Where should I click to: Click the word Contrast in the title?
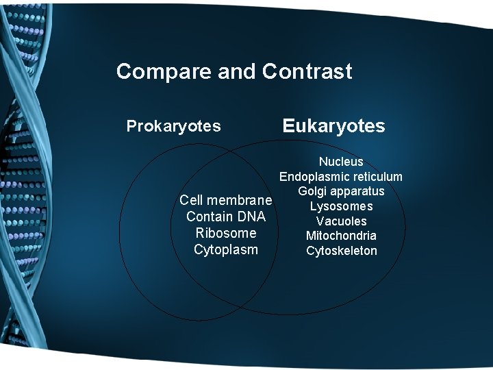click(x=307, y=71)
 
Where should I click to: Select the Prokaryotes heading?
click(x=174, y=126)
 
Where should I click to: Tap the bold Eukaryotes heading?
click(x=334, y=126)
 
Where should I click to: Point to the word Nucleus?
click(x=341, y=162)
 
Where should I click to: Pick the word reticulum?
click(x=377, y=177)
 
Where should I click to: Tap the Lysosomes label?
click(x=341, y=206)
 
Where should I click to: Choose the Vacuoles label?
click(x=341, y=221)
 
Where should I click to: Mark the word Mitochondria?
click(x=341, y=236)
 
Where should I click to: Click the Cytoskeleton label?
click(x=341, y=251)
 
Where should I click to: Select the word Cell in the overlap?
click(x=191, y=201)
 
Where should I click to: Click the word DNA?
click(x=251, y=217)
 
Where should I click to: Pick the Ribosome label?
click(x=226, y=233)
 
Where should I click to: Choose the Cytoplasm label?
click(x=226, y=249)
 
